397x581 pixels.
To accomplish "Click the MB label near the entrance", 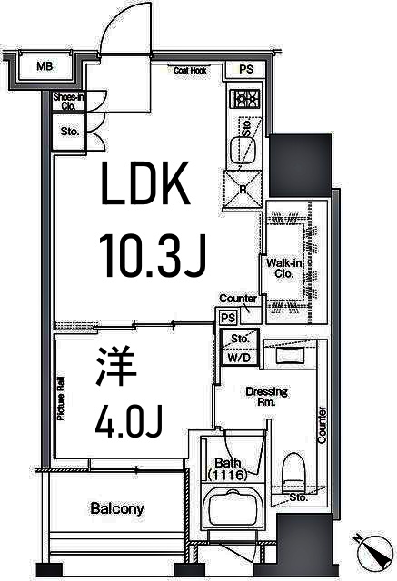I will click(x=44, y=66).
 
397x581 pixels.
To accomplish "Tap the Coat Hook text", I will click(x=192, y=69).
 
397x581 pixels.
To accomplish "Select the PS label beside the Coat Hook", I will click(x=246, y=70).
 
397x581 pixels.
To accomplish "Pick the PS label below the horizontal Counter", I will click(x=227, y=318).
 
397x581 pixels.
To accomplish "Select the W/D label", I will click(x=241, y=358).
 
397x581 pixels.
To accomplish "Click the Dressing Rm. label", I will click(x=266, y=397).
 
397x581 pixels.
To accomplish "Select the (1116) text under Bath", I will click(x=227, y=475).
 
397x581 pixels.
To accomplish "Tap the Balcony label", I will click(x=116, y=509).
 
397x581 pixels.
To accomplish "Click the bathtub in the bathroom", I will click(x=233, y=510).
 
